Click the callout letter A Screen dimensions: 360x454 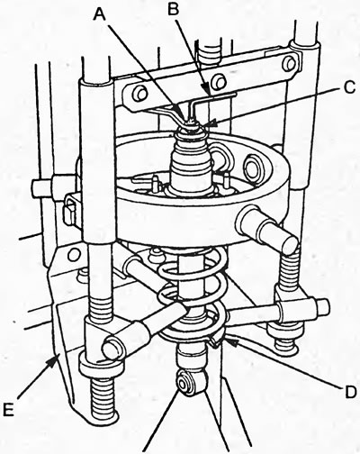pyautogui.click(x=100, y=14)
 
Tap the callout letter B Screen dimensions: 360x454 pyautogui.click(x=174, y=9)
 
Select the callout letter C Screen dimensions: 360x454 pyautogui.click(x=348, y=87)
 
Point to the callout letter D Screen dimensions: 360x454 pyautogui.click(x=350, y=391)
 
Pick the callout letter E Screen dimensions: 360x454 pyautogui.click(x=9, y=409)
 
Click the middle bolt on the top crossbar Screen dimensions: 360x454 pyautogui.click(x=219, y=81)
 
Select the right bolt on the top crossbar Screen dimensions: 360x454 pyautogui.click(x=289, y=63)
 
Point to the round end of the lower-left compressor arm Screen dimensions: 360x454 pyautogui.click(x=112, y=348)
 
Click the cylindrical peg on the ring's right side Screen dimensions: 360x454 pyautogui.click(x=267, y=229)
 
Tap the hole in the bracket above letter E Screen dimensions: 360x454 pyautogui.click(x=73, y=255)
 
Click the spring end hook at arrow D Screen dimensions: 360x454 pyautogui.click(x=217, y=340)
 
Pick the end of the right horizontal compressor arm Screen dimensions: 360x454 pyautogui.click(x=321, y=308)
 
